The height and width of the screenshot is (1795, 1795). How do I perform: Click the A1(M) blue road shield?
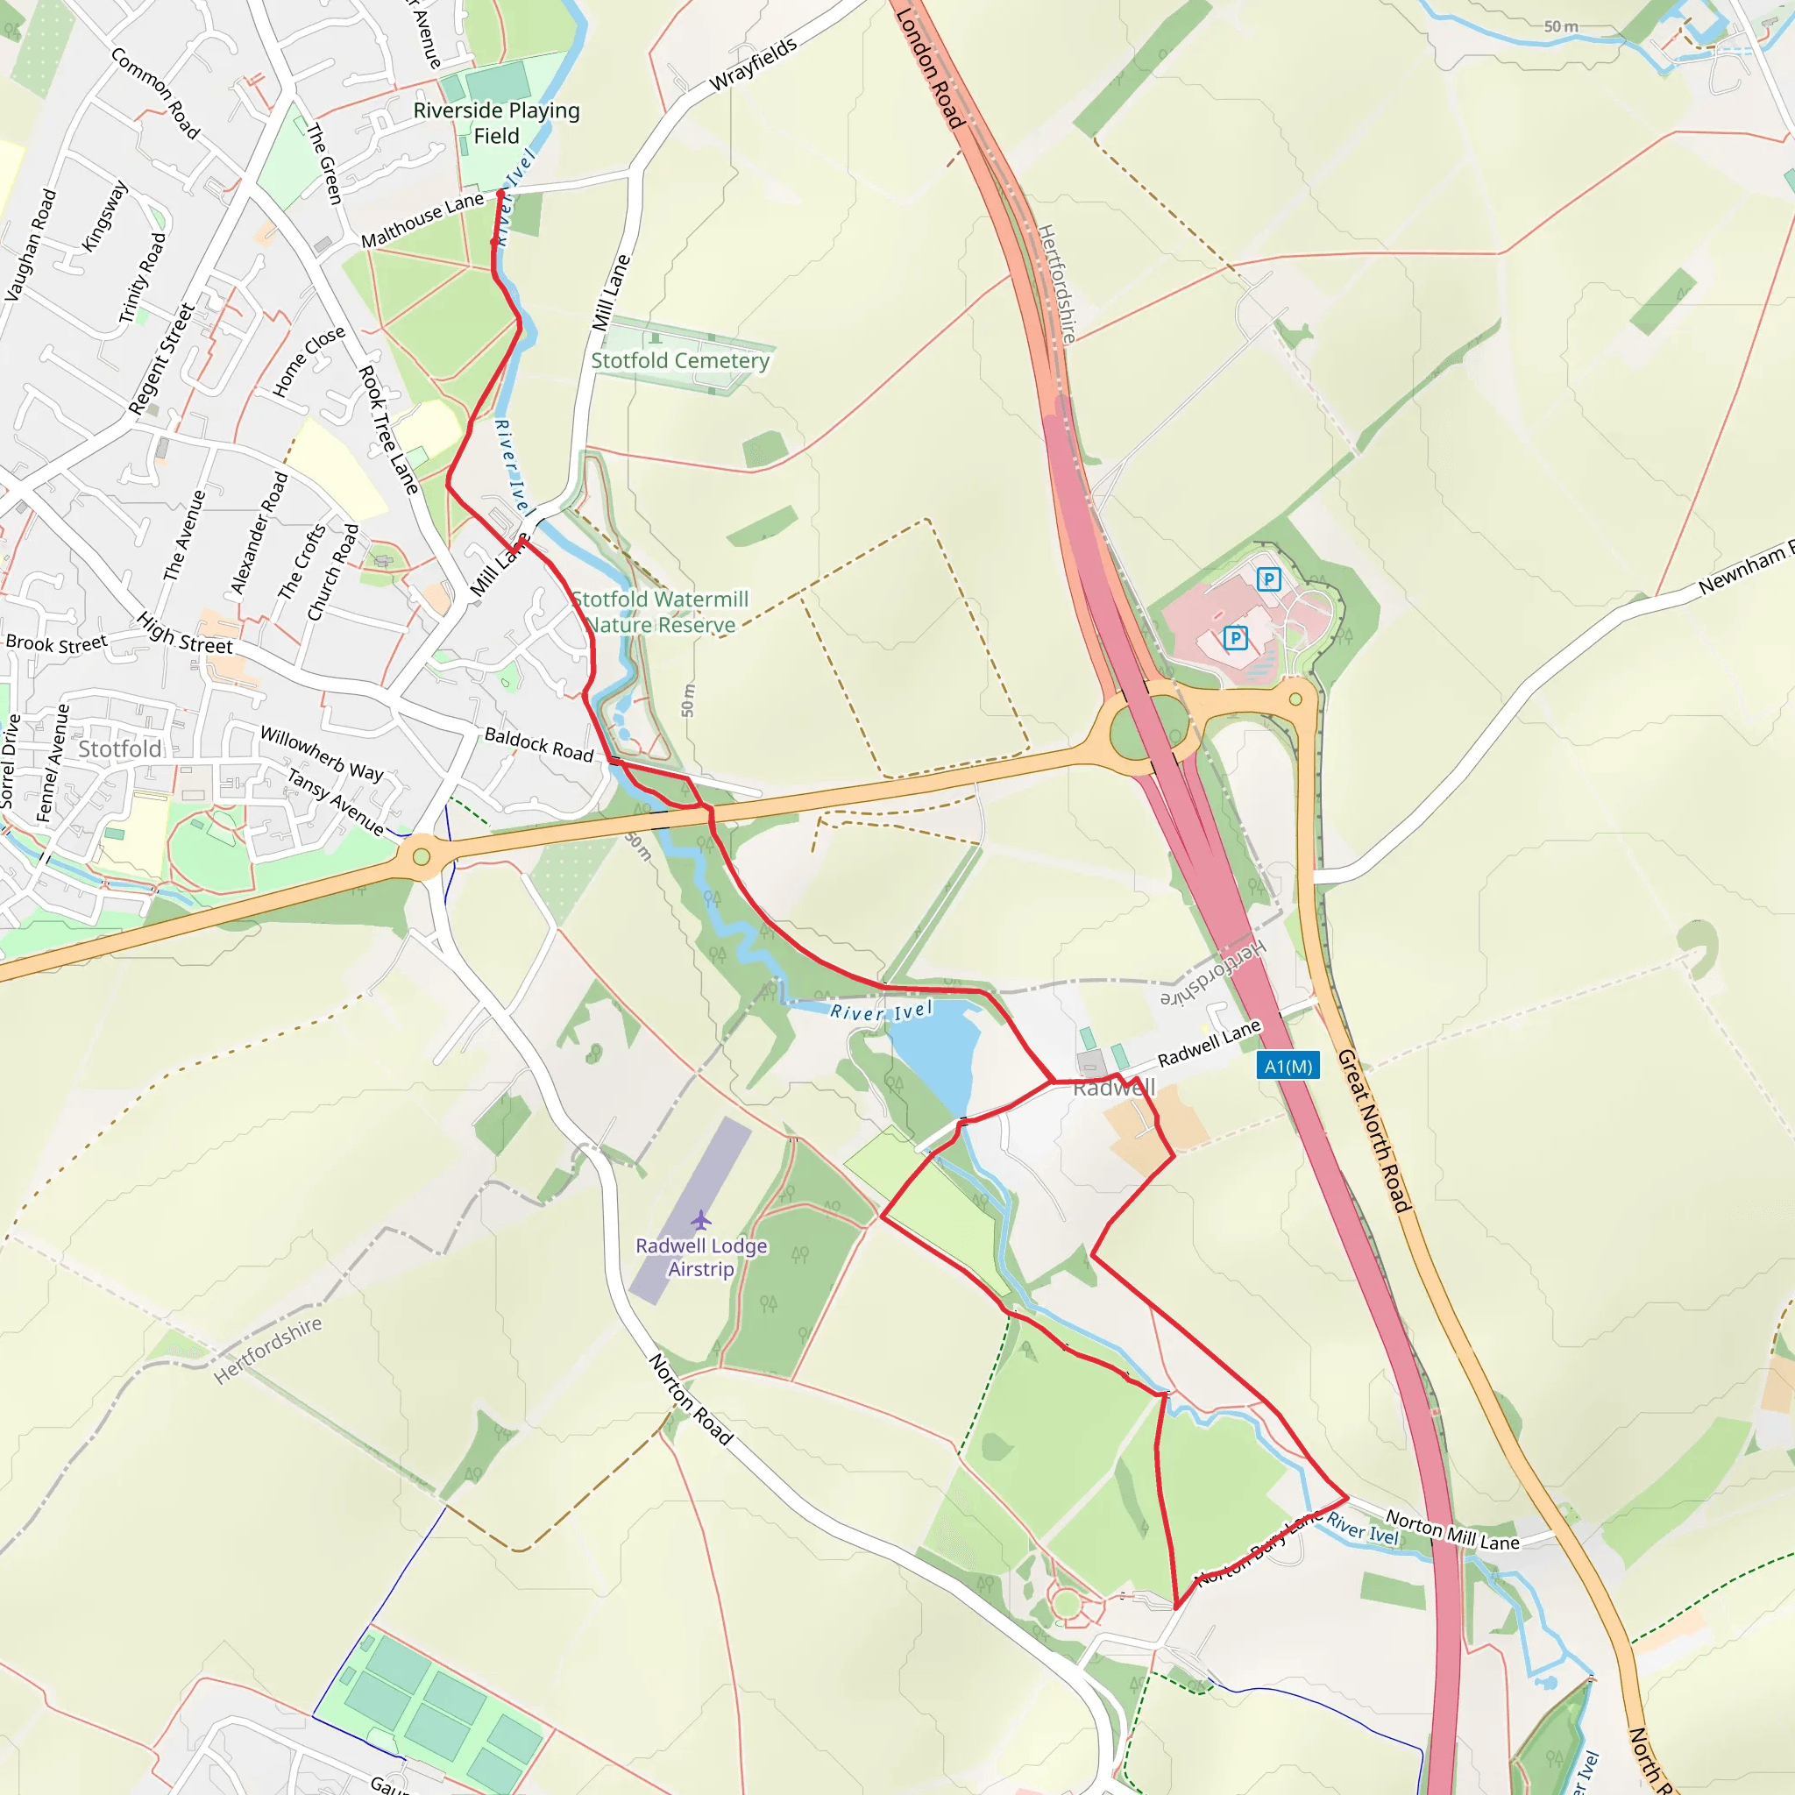[x=1288, y=1066]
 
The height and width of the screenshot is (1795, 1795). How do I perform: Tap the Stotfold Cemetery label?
[x=680, y=360]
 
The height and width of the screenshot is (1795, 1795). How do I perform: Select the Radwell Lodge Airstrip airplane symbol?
[x=700, y=1220]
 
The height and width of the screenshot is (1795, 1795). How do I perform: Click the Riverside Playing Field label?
[x=496, y=123]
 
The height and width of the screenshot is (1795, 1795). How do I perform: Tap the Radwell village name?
[x=1114, y=1088]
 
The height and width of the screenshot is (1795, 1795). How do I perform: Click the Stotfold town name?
[x=120, y=749]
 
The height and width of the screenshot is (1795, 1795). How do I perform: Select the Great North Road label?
[x=1374, y=1130]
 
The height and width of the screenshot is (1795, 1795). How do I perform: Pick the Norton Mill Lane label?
[x=1452, y=1529]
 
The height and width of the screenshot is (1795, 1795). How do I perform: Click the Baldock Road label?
[x=539, y=744]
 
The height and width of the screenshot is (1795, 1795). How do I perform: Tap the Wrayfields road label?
[x=754, y=64]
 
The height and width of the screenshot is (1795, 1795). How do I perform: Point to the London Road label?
[x=929, y=67]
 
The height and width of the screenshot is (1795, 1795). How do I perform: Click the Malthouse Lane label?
[x=422, y=220]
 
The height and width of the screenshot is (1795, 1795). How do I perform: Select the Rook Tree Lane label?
[x=389, y=429]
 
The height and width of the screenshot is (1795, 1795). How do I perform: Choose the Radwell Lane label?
[x=1209, y=1042]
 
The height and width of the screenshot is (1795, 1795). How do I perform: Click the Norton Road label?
[x=691, y=1399]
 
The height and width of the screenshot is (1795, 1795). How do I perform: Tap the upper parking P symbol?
[x=1268, y=579]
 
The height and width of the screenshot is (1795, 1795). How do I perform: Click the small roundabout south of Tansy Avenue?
[x=422, y=855]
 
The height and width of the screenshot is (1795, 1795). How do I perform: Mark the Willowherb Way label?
[x=322, y=753]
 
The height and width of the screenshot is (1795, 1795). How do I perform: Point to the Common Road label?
[x=155, y=93]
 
